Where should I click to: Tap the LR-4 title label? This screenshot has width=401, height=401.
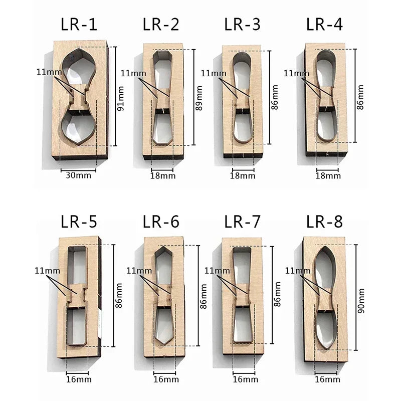[x=324, y=24]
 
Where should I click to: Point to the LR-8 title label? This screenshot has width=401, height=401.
[x=324, y=221]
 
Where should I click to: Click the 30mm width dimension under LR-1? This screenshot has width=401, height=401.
[x=78, y=176]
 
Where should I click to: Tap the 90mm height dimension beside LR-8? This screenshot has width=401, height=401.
[x=361, y=301]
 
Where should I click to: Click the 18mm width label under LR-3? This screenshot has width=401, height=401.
[x=243, y=175]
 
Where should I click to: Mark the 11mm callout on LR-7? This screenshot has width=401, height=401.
[x=214, y=271]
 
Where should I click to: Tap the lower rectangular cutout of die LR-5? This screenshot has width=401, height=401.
[x=78, y=326]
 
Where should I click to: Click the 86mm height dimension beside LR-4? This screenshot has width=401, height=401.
[x=360, y=98]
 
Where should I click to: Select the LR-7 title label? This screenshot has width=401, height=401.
[x=243, y=221]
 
